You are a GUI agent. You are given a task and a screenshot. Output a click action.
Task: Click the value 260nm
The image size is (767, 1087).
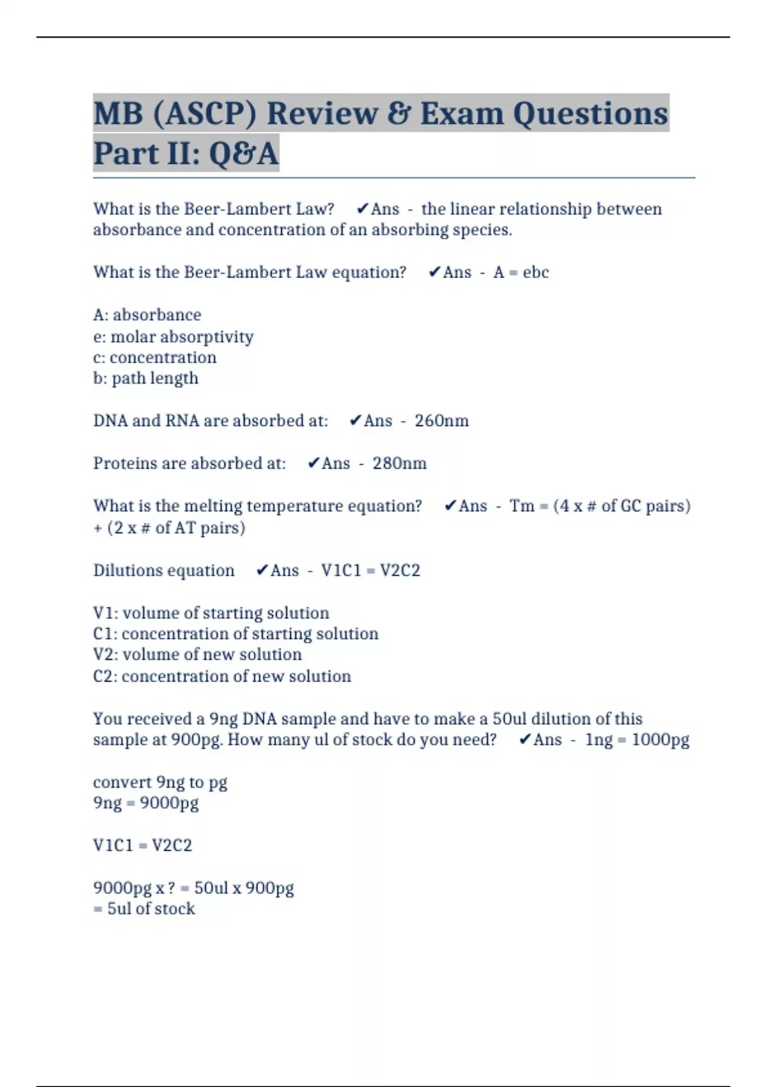tap(442, 421)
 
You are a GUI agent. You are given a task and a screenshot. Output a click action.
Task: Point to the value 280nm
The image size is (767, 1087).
tap(399, 463)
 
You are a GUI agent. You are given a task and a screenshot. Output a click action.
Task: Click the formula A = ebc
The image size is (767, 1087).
tap(521, 272)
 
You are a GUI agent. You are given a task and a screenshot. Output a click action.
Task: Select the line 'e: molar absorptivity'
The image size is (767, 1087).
tap(173, 336)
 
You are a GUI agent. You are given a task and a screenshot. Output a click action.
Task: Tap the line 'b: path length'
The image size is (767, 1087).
tap(146, 378)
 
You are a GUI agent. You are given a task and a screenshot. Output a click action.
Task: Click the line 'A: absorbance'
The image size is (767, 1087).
tap(147, 315)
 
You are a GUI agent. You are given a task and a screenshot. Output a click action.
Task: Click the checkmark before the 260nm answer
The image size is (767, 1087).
tap(355, 420)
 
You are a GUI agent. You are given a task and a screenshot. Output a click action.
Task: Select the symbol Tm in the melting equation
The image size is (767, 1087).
tap(522, 506)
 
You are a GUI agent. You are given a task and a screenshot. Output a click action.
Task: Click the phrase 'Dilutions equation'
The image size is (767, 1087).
tap(164, 570)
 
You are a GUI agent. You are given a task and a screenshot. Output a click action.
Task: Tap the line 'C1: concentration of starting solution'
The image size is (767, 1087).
tap(235, 634)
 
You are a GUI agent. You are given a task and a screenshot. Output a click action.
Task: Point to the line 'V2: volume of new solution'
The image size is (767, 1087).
tap(197, 655)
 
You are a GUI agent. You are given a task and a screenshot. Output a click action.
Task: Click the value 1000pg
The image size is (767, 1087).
tap(660, 740)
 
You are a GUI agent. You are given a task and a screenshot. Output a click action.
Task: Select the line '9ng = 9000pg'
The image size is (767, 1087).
tap(146, 802)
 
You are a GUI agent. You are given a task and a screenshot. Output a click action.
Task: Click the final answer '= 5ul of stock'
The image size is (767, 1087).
tap(144, 909)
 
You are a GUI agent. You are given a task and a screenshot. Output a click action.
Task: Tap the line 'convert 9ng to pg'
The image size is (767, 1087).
tap(160, 782)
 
